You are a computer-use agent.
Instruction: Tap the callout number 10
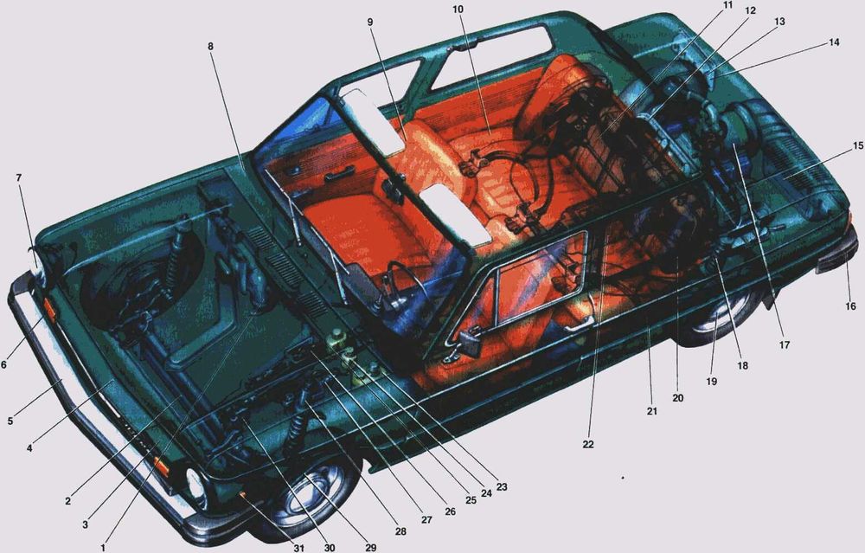458,10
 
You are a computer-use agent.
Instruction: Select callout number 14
834,42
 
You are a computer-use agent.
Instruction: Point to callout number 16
850,306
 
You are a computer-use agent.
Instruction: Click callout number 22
588,444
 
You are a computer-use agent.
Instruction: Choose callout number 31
298,548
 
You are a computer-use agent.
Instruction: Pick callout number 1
103,548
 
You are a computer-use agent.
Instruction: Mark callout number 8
210,47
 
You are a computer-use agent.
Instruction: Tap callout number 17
785,345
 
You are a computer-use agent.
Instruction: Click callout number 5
10,421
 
